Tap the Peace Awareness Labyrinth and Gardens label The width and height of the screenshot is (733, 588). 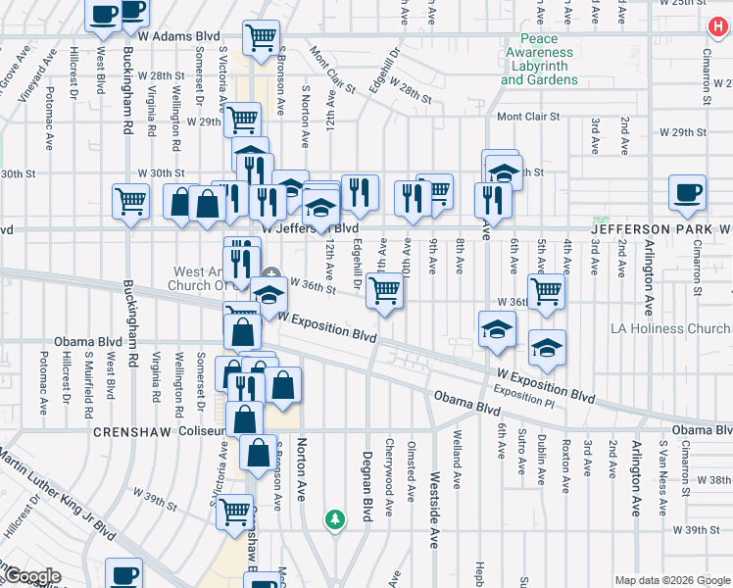[x=539, y=66]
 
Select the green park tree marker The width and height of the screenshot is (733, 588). [x=335, y=517]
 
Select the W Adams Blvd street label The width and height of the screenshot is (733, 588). [x=178, y=36]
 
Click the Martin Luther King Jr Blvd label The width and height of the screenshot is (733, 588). [x=59, y=494]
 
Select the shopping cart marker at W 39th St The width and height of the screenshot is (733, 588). [x=233, y=511]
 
